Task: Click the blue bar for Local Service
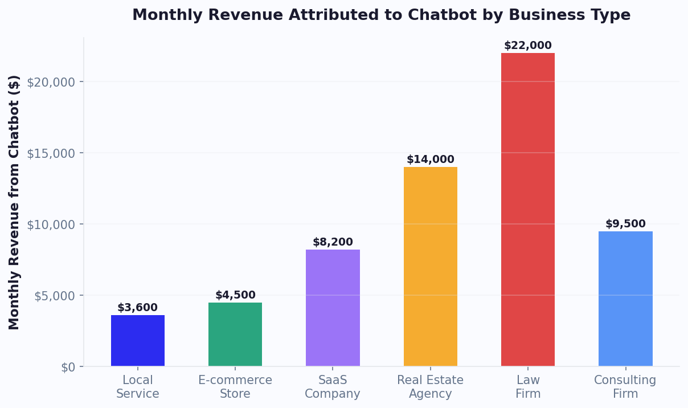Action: point(138,341)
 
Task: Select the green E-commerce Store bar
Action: point(235,334)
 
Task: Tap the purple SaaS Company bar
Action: point(333,308)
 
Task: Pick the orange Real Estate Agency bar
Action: point(430,267)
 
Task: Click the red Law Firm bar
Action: point(527,210)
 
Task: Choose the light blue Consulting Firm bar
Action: point(625,299)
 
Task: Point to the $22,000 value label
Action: point(527,46)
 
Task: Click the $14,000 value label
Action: point(430,160)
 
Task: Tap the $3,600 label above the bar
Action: point(137,308)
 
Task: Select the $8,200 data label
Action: point(333,242)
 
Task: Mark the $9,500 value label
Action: point(625,224)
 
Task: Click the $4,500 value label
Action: point(235,295)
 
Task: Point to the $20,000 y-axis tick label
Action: point(51,82)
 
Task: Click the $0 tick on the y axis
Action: point(68,367)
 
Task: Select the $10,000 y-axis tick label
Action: point(51,225)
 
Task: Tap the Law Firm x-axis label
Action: point(527,387)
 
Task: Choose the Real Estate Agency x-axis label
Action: point(430,387)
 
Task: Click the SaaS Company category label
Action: point(333,387)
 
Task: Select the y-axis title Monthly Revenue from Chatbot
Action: point(15,202)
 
